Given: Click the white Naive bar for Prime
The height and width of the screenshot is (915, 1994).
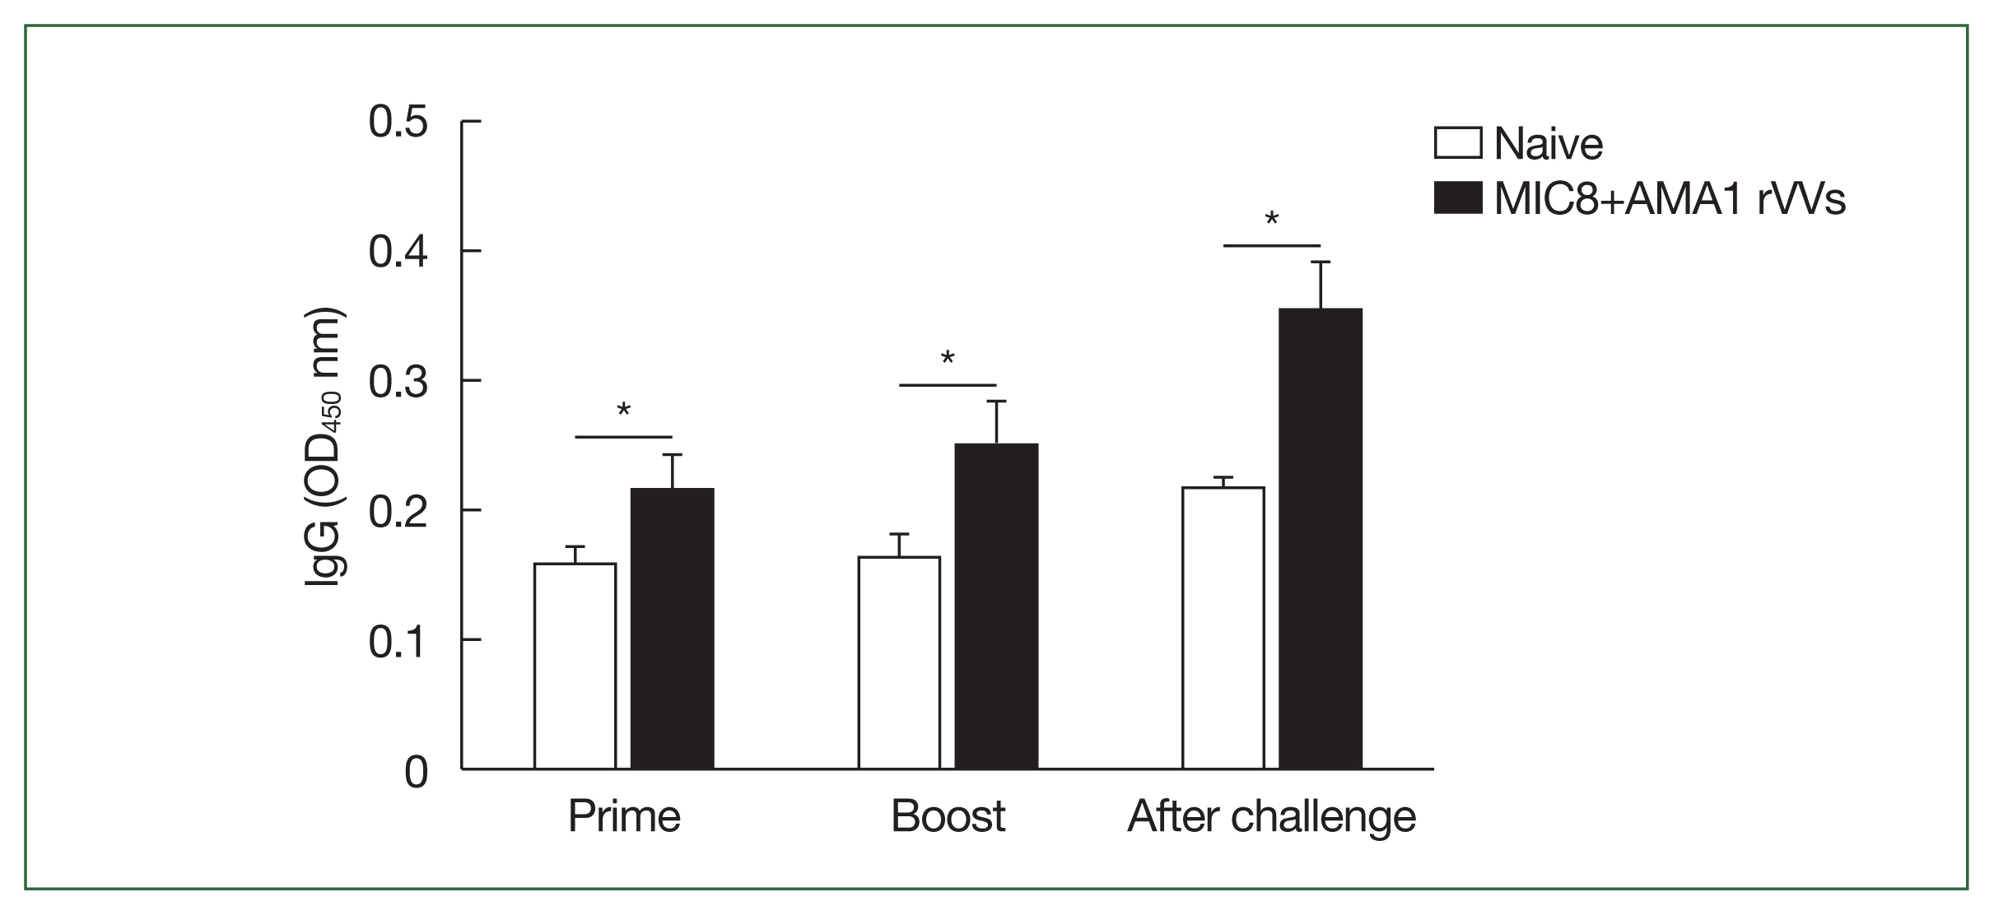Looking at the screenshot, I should pyautogui.click(x=575, y=666).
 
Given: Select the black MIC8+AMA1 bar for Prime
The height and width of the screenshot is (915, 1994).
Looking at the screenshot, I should pyautogui.click(x=672, y=629).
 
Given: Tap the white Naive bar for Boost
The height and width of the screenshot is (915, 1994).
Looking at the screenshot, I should pyautogui.click(x=899, y=662).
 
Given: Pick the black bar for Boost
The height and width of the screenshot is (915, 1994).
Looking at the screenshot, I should pyautogui.click(x=996, y=606).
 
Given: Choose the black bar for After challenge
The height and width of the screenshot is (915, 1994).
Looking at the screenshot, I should pyautogui.click(x=1321, y=539).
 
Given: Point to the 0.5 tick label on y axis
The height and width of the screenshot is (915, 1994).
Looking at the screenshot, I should pyautogui.click(x=398, y=123).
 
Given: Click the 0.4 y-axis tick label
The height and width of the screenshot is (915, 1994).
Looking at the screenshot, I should pyautogui.click(x=398, y=252).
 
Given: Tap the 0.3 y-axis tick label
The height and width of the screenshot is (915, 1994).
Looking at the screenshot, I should pyautogui.click(x=398, y=382).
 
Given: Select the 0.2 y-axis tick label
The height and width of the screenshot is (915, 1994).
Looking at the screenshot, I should pyautogui.click(x=398, y=511).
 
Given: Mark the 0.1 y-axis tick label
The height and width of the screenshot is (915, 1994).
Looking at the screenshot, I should pyautogui.click(x=398, y=641).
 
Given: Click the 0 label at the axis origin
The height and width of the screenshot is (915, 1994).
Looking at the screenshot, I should pyautogui.click(x=417, y=772).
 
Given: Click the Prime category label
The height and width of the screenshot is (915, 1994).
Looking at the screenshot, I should pyautogui.click(x=624, y=816).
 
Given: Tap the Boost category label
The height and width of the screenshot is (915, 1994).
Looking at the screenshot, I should pyautogui.click(x=948, y=816).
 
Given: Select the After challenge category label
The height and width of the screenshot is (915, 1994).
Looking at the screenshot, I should pyautogui.click(x=1271, y=816).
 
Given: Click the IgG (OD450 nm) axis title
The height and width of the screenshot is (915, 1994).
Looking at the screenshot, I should pyautogui.click(x=325, y=448).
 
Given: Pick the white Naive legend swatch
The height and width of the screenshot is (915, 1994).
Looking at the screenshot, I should pyautogui.click(x=1458, y=143).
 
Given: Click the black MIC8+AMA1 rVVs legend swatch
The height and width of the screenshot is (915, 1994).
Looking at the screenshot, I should pyautogui.click(x=1458, y=198).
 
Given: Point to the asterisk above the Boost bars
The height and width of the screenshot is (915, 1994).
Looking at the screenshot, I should pyautogui.click(x=948, y=359).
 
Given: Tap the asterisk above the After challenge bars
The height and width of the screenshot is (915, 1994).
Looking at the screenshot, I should pyautogui.click(x=1272, y=220).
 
